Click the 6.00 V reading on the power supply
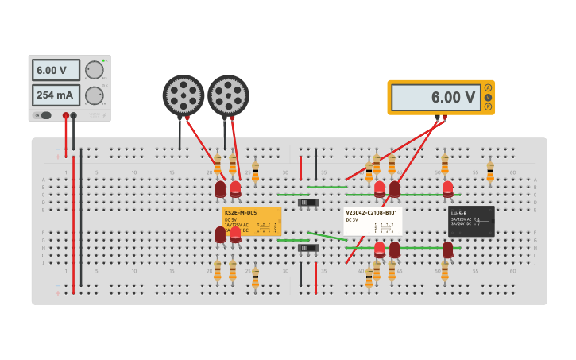[56, 70]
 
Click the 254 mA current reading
[56, 95]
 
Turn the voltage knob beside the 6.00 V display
[95, 70]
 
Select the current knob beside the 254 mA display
[95, 95]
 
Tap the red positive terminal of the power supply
[66, 116]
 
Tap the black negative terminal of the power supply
[74, 116]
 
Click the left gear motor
[184, 95]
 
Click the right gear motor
[228, 95]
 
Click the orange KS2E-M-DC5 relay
[251, 221]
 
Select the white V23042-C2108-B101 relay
[373, 221]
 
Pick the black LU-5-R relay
[471, 221]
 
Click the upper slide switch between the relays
[308, 203]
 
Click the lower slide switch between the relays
[308, 248]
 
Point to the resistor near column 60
[490, 169]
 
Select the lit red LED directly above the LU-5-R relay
[448, 188]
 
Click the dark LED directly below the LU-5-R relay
[448, 250]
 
